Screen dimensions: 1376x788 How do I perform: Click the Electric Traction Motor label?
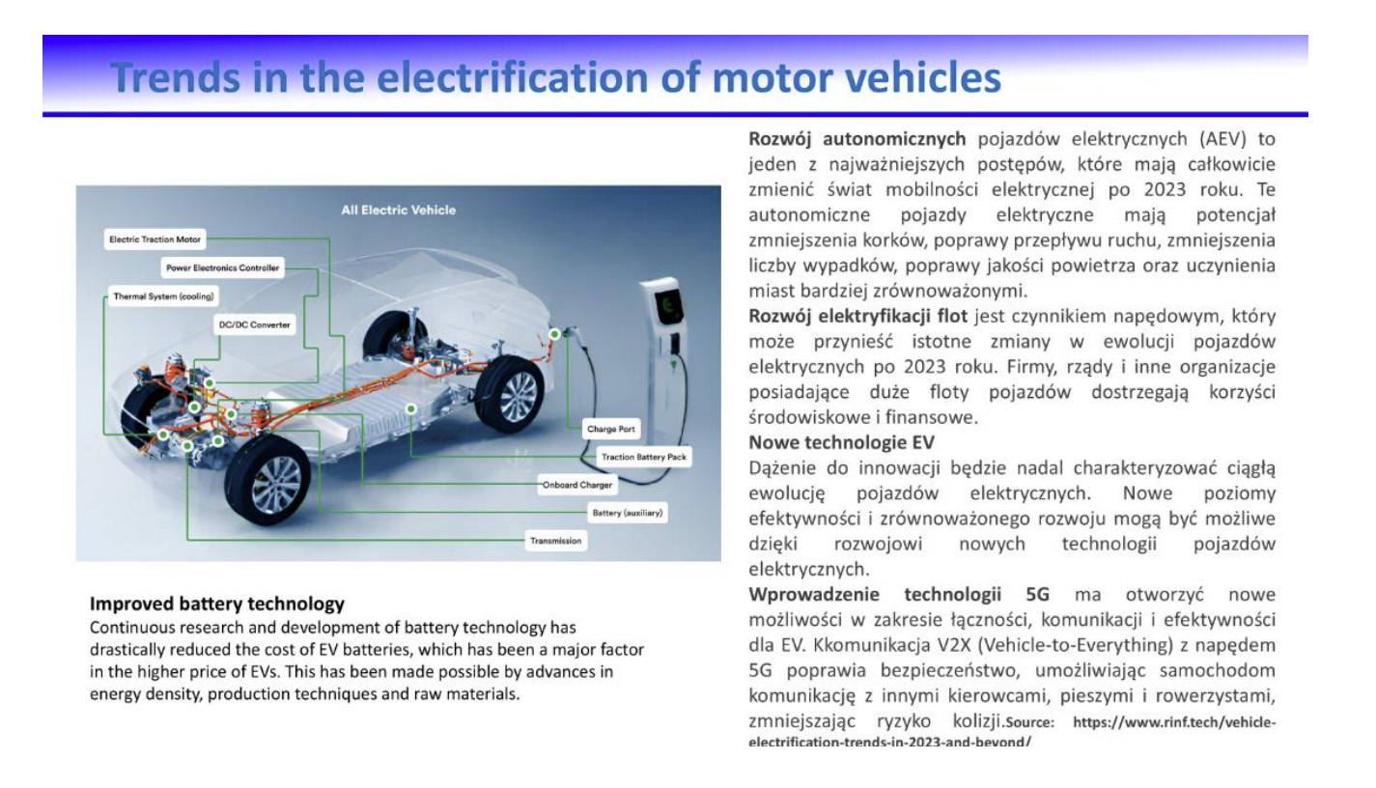[x=154, y=239]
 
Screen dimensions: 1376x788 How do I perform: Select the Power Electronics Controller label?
[x=222, y=267]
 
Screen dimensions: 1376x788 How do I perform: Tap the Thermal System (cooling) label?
[x=163, y=296]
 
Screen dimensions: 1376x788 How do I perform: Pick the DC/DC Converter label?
[x=254, y=324]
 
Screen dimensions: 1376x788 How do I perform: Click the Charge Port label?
[x=610, y=429]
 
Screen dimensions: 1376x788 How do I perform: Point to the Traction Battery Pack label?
[x=644, y=457]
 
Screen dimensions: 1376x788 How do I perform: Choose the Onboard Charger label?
[x=576, y=485]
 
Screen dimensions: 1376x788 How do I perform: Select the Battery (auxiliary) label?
[x=628, y=513]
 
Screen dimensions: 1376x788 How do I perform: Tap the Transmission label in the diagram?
[x=555, y=541]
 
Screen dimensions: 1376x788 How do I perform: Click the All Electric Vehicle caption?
[x=399, y=211]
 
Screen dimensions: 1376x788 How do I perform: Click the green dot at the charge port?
[x=554, y=333]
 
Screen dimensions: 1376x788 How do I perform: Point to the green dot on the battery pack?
[x=411, y=408]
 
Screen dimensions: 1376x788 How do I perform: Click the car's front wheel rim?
[x=277, y=484]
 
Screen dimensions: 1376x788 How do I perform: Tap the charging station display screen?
[x=668, y=306]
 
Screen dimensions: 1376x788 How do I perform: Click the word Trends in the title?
[x=175, y=78]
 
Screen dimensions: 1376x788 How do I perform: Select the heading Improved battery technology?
[x=217, y=604]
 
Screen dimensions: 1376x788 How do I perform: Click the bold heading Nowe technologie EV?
[x=842, y=442]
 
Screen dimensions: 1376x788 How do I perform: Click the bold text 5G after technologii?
[x=1037, y=595]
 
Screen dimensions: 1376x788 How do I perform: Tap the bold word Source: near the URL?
[x=1030, y=722]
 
